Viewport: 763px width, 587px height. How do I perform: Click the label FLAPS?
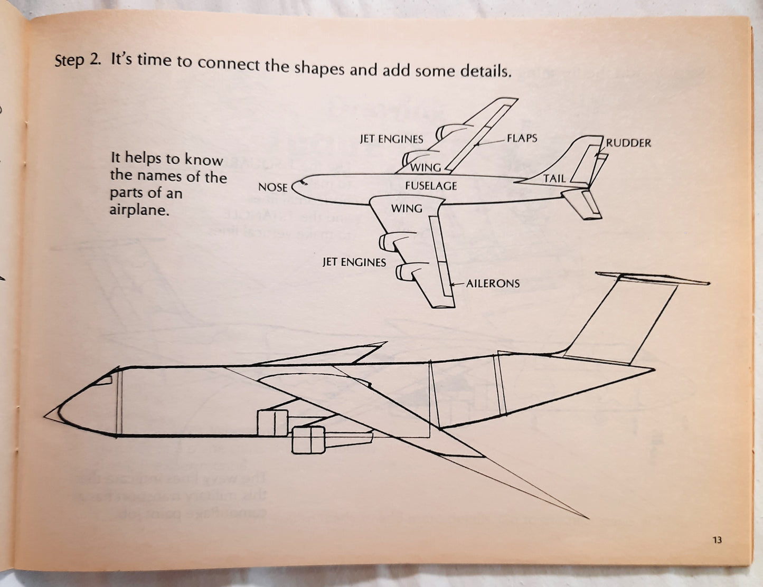point(522,138)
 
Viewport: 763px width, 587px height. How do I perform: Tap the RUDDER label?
point(628,143)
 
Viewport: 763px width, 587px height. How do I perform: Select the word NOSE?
point(272,187)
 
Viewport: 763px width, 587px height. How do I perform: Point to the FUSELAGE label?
point(431,186)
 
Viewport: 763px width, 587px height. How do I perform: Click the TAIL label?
point(554,178)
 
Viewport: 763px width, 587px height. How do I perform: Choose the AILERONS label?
point(493,283)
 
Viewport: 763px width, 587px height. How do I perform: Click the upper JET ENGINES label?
point(391,139)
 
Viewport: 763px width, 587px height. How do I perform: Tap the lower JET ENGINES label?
point(354,262)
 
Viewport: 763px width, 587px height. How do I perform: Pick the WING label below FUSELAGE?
point(407,209)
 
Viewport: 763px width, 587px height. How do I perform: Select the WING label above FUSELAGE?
point(426,167)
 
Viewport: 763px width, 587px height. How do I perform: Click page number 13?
point(717,539)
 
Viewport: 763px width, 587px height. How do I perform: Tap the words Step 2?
point(77,60)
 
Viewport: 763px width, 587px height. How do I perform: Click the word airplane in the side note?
point(139,210)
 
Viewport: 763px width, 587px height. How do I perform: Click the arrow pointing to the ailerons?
point(456,284)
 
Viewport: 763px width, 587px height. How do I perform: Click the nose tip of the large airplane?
point(46,415)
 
